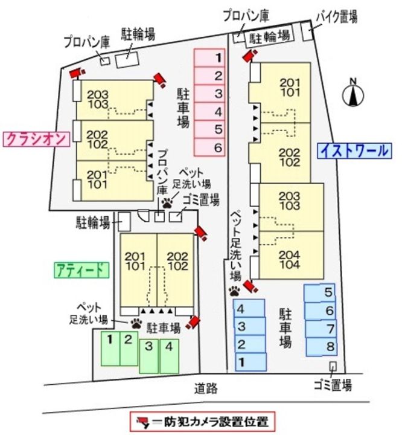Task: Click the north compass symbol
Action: tap(353, 94)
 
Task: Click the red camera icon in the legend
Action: tap(142, 420)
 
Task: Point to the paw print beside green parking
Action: tap(135, 323)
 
